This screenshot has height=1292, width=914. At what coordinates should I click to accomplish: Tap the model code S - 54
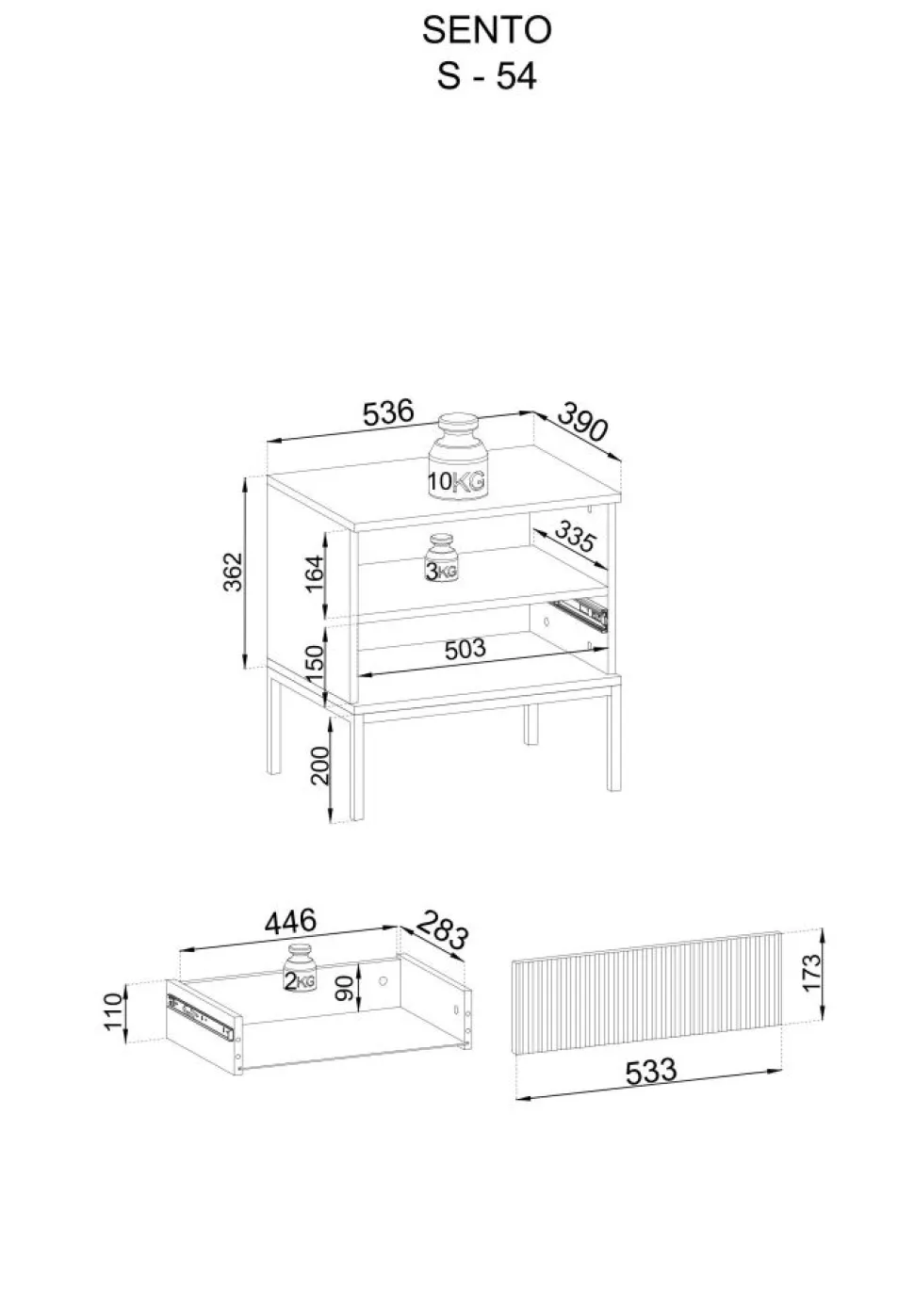[x=486, y=76]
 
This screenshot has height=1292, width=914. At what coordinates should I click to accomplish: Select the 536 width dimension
[x=388, y=412]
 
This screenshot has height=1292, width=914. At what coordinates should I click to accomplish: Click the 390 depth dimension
[x=583, y=422]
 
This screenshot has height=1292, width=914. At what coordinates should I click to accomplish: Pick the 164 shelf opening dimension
[x=315, y=573]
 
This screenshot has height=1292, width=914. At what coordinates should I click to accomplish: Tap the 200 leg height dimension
[x=319, y=766]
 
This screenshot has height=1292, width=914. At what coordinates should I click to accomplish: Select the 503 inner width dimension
[x=465, y=650]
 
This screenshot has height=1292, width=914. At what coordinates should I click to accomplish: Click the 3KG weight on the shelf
[x=441, y=557]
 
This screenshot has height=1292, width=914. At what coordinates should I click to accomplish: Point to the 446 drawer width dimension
[x=290, y=921]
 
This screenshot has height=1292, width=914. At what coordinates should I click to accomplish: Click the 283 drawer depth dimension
[x=442, y=929]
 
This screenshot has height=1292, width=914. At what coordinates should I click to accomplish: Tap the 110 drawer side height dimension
[x=113, y=1009]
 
